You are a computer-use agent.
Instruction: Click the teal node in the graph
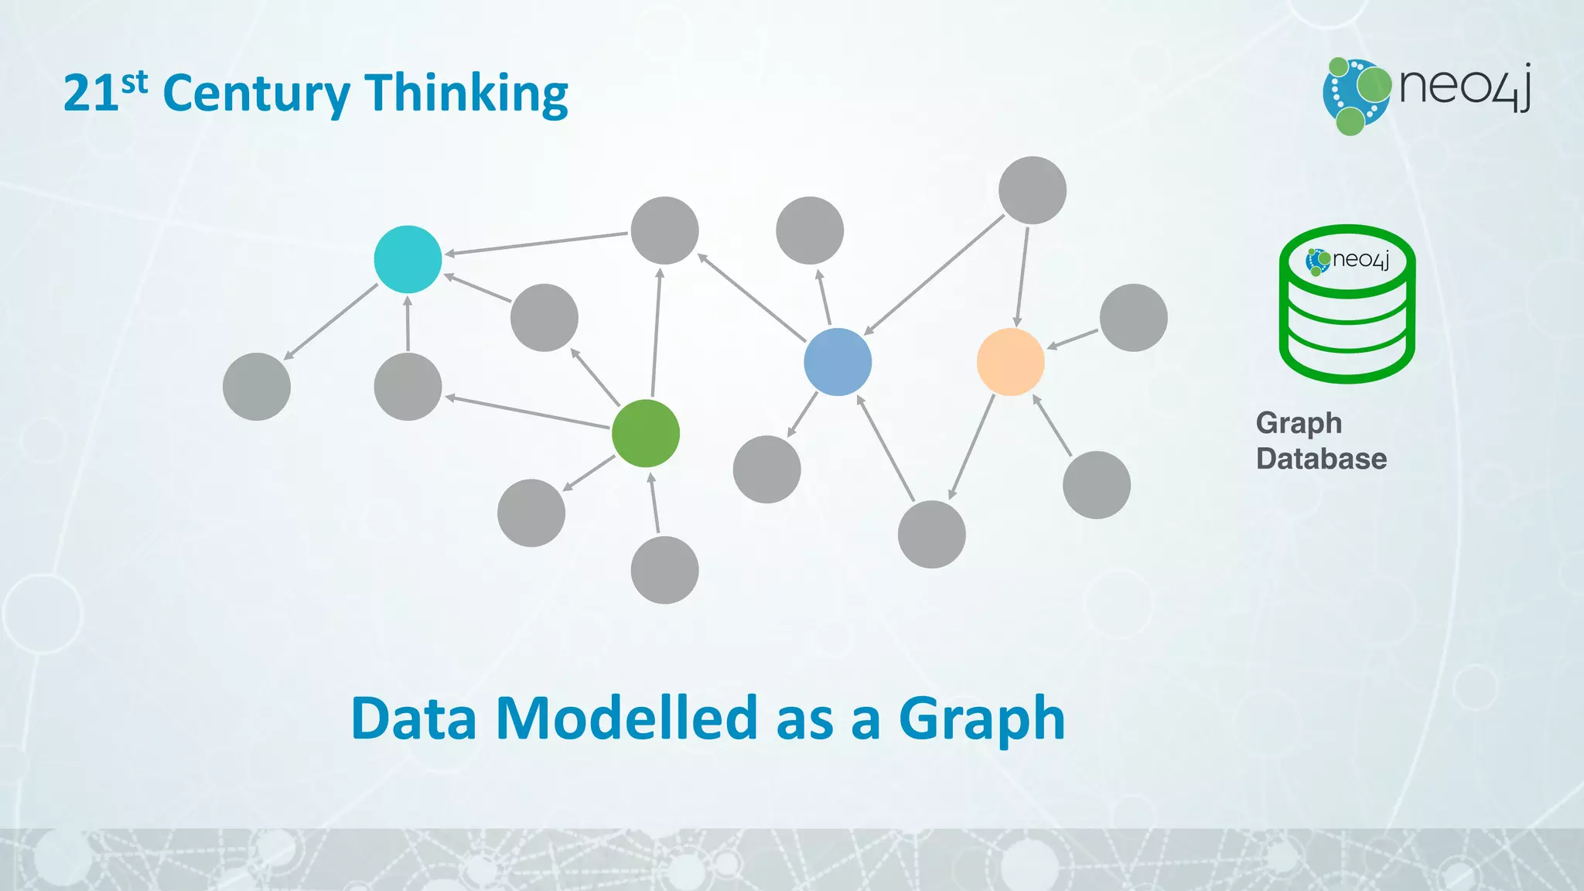click(408, 259)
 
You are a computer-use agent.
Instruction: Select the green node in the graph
click(646, 433)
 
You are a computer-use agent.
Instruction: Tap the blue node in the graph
click(838, 362)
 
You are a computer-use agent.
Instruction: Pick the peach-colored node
click(1011, 362)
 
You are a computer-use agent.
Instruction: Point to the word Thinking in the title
click(466, 94)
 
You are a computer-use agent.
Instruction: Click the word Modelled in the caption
click(626, 719)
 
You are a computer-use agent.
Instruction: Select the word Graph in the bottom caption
click(981, 719)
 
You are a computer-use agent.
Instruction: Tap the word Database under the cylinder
click(1321, 459)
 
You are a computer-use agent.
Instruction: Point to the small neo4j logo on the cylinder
click(1348, 261)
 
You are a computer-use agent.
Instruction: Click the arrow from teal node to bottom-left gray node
click(331, 322)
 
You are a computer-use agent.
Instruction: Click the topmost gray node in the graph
click(1033, 190)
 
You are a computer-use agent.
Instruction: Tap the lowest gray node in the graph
click(664, 570)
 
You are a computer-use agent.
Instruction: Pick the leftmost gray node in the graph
click(257, 387)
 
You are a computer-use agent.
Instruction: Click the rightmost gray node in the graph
click(1133, 318)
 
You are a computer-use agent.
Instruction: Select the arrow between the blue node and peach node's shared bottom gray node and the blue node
click(886, 449)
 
